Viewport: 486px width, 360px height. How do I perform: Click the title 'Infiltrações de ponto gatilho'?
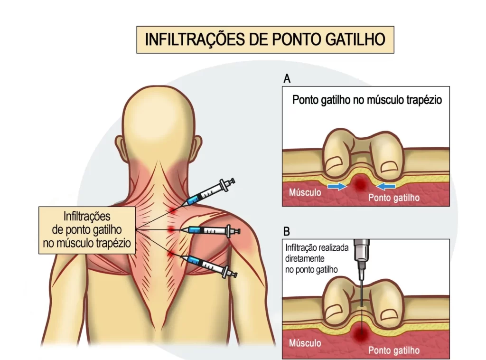(x=265, y=39)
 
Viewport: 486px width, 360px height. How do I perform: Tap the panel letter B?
(x=287, y=232)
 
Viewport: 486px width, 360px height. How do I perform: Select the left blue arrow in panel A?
(x=337, y=187)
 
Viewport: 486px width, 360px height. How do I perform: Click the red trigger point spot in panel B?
(x=362, y=335)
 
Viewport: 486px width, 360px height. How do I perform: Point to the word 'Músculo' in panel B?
(x=305, y=343)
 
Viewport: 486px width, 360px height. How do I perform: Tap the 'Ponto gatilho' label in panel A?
(x=394, y=198)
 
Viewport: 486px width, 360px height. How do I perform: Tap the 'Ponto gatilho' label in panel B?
(x=394, y=351)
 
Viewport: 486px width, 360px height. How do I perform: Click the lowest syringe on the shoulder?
(x=209, y=266)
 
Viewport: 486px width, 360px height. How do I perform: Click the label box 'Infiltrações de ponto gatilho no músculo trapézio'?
(x=86, y=230)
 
